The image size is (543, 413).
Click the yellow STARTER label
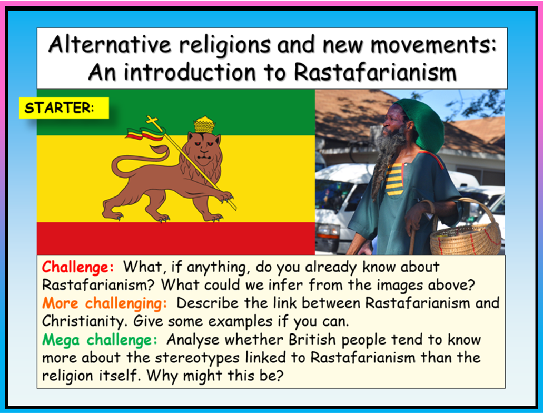click(64, 108)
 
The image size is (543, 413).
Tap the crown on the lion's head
click(205, 125)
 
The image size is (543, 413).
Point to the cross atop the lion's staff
click(153, 122)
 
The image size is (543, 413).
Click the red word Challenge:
click(78, 267)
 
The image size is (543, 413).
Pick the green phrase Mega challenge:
click(100, 340)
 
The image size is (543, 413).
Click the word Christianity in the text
click(84, 321)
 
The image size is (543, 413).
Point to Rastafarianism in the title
click(375, 72)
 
